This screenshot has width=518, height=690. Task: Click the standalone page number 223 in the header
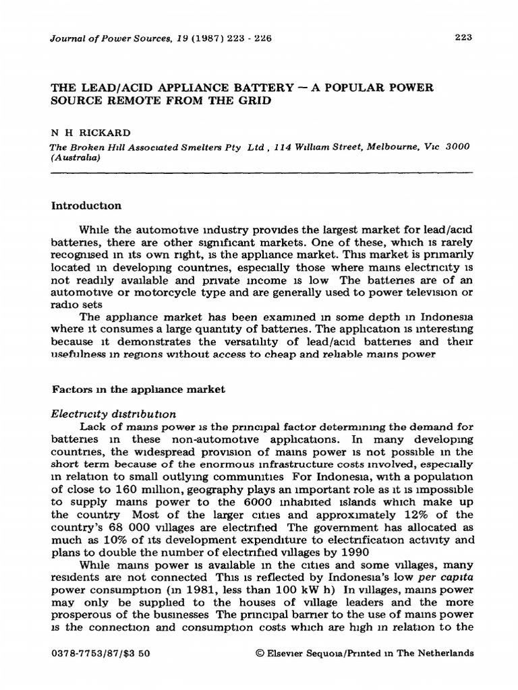pos(462,38)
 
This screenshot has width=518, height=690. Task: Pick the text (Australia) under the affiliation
pos(75,158)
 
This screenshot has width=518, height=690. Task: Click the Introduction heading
pos(84,204)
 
